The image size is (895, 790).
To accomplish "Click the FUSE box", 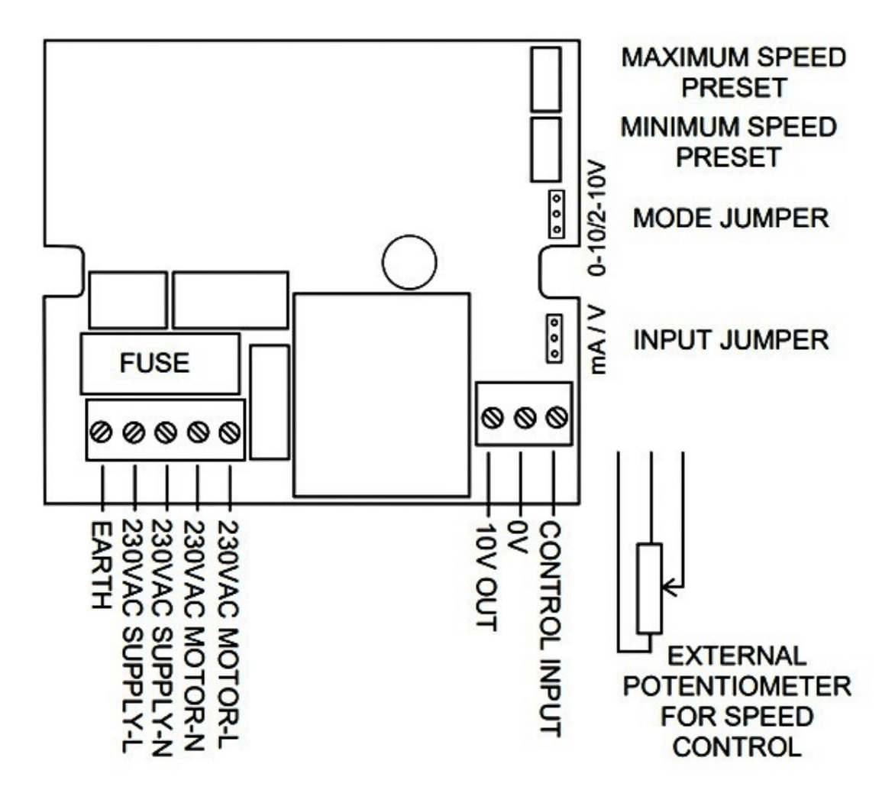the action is coord(160,364).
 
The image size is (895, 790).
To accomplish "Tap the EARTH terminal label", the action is coord(101,565).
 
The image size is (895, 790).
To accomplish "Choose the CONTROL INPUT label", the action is coord(551,629).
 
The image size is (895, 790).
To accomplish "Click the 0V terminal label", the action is coord(519,537).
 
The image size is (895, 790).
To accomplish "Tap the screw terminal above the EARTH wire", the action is coord(102,431).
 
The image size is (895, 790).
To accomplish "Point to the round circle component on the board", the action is coord(409,262).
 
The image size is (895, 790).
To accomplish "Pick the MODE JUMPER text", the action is coord(731,218).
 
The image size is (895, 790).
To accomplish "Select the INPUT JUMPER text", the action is coord(731,340).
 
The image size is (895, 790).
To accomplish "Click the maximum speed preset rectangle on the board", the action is coord(546,79).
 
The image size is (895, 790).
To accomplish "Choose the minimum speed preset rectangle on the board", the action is coord(546,150).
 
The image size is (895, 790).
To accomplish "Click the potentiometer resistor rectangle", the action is coord(650,588).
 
